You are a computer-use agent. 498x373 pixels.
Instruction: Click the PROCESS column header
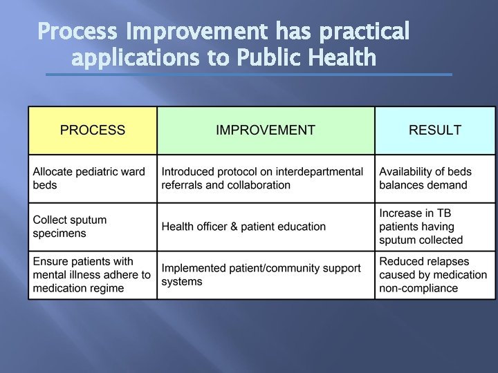pyautogui.click(x=93, y=130)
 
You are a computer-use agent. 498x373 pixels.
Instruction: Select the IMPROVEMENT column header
pyautogui.click(x=266, y=130)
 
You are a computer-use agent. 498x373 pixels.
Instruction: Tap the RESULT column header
pyautogui.click(x=435, y=130)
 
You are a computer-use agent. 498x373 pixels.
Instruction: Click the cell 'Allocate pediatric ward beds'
pyautogui.click(x=93, y=178)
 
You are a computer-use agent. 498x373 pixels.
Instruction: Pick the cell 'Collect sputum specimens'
pyautogui.click(x=93, y=227)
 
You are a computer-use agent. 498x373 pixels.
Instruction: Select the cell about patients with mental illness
pyautogui.click(x=93, y=275)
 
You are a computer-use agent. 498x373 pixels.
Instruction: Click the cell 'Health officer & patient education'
pyautogui.click(x=266, y=227)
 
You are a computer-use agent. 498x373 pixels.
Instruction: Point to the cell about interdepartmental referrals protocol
pyautogui.click(x=266, y=178)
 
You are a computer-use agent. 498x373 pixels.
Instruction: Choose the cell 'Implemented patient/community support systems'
pyautogui.click(x=266, y=275)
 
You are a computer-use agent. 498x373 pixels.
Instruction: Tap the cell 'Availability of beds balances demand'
pyautogui.click(x=435, y=178)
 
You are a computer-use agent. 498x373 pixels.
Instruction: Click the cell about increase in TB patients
pyautogui.click(x=435, y=227)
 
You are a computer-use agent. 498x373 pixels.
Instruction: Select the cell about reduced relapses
pyautogui.click(x=435, y=275)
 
